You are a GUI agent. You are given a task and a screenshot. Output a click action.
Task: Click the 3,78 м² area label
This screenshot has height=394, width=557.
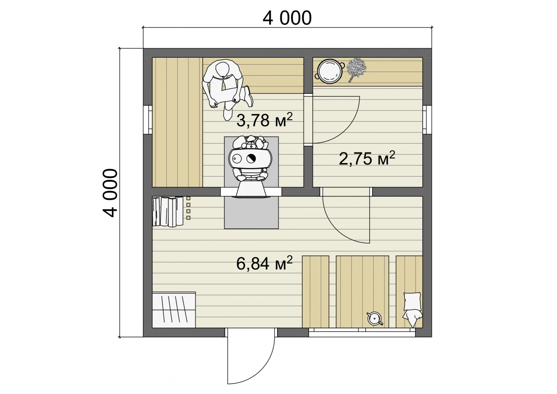pos(264,120)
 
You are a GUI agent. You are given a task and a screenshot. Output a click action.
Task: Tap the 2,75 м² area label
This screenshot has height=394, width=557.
pos(367,158)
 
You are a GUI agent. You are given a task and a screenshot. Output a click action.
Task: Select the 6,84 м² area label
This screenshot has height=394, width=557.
pos(264,263)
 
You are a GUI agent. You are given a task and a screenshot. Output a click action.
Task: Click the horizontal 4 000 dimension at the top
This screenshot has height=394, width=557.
pos(287,18)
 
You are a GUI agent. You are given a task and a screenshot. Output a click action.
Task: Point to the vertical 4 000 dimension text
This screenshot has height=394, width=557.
pos(110,193)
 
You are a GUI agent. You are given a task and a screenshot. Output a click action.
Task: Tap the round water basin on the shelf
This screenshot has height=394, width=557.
pos(329,71)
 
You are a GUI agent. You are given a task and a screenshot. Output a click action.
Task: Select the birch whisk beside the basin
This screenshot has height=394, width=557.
pos(356,70)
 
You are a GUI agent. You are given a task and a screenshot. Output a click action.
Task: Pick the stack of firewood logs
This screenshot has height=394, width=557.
pos(168,211)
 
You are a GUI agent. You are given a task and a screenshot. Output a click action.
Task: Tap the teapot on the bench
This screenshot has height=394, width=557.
pos(375,319)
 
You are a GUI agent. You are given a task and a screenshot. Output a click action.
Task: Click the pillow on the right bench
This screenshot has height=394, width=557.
pos(412,302)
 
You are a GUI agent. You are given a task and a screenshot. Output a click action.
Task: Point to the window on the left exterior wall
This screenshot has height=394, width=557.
pos(148,120)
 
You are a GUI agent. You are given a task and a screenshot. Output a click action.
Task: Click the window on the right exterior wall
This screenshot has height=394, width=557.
pos(427,120)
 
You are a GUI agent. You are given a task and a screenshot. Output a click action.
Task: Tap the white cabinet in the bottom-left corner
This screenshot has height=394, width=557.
pos(174,310)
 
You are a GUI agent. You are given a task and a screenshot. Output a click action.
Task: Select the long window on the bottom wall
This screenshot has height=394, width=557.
pos(362,332)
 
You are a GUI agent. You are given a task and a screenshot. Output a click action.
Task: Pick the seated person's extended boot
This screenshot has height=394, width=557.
pos(248,96)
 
